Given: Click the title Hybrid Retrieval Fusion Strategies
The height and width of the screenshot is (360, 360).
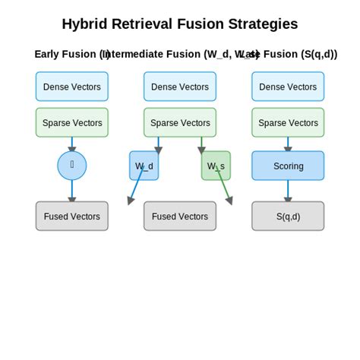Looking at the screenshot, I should (180, 24).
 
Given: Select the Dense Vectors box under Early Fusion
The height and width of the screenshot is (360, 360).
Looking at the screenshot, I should (72, 87).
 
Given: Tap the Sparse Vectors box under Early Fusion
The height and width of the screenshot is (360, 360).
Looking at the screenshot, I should (72, 122).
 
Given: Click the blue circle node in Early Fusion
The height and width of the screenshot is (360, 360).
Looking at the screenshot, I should (72, 166).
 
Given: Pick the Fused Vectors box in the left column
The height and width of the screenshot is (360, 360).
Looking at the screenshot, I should (72, 216).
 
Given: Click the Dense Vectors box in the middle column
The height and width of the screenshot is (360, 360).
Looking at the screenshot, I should (180, 87).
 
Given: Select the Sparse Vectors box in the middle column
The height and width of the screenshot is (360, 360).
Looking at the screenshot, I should (180, 122).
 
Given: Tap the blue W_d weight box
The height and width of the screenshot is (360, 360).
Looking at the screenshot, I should (144, 166).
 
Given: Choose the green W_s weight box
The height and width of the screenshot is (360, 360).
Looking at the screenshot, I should (216, 166).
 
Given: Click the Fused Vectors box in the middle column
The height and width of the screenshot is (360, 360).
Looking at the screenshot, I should (180, 216).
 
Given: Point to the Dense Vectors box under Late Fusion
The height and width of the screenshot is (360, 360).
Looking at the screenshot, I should (288, 87).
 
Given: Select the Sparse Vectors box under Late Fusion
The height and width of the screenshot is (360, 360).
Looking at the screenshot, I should (288, 122).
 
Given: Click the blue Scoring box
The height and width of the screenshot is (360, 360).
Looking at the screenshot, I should (288, 166).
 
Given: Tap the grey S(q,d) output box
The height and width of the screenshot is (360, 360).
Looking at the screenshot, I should (288, 216).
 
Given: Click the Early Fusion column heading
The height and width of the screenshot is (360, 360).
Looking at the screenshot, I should (68, 54).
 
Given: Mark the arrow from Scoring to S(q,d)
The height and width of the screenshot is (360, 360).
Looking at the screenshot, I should (288, 191).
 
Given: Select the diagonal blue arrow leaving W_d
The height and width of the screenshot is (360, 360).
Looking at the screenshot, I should (135, 188).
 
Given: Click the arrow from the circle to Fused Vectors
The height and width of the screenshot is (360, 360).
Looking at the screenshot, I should (72, 191).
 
